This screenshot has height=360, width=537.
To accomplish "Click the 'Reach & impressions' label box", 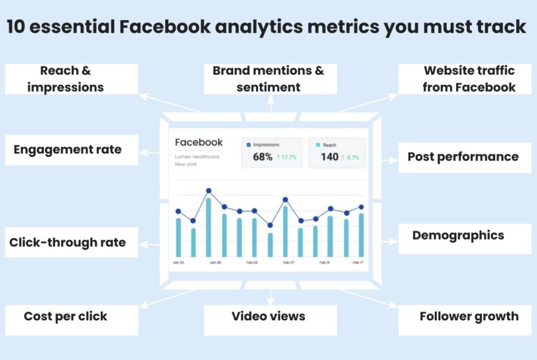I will coord(72,79).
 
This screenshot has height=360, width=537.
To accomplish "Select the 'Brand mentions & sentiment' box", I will coord(268,79).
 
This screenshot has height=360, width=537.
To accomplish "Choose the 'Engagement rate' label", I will coord(68,150).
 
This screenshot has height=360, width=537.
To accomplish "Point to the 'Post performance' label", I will coord(463,157).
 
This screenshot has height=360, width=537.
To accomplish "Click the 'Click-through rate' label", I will coord(68,243).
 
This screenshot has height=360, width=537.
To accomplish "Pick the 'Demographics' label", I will coord(458,236).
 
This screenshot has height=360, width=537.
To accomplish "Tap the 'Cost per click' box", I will coord(66,316).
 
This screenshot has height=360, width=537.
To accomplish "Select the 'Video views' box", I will coord(268,316).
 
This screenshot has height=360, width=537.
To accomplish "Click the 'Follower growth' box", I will coord(469,316).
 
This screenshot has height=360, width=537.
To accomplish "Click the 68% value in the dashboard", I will coord(263,157).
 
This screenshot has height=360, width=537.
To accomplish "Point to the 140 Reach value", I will coord(329,157).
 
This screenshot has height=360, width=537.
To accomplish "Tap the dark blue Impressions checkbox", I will coord(249,145).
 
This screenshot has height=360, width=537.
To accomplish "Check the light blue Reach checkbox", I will coord(318,145).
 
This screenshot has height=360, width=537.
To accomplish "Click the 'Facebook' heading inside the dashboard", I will coord(199,143).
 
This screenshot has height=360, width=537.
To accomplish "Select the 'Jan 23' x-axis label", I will coord(178,263).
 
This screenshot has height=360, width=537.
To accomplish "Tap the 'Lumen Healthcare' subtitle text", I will coord(197,157).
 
